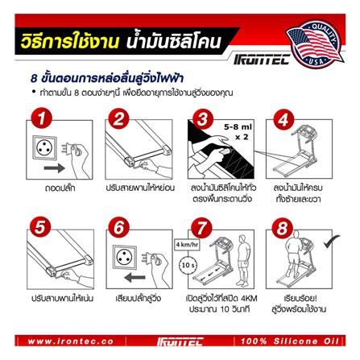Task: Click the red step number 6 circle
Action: click(119, 230)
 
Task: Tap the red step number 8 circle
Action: click(282, 230)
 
